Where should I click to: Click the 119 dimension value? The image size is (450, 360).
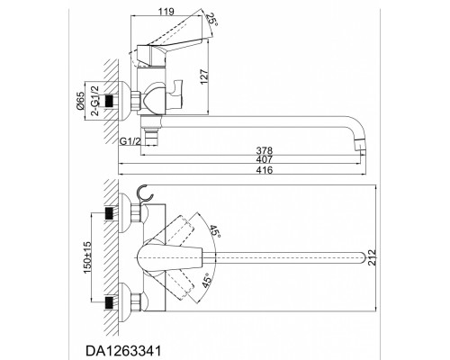(x=166, y=12)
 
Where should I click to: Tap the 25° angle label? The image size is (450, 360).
(x=212, y=20)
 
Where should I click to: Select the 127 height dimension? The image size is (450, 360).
(x=204, y=77)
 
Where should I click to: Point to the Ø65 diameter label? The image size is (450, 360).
(x=80, y=101)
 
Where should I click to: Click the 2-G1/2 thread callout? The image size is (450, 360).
(x=94, y=101)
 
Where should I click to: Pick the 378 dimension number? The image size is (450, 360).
(x=264, y=149)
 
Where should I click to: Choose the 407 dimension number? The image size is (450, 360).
(x=264, y=159)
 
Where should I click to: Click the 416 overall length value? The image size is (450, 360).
(x=265, y=170)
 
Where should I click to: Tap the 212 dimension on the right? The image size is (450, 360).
(x=372, y=257)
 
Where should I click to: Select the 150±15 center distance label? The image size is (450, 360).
(x=88, y=257)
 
